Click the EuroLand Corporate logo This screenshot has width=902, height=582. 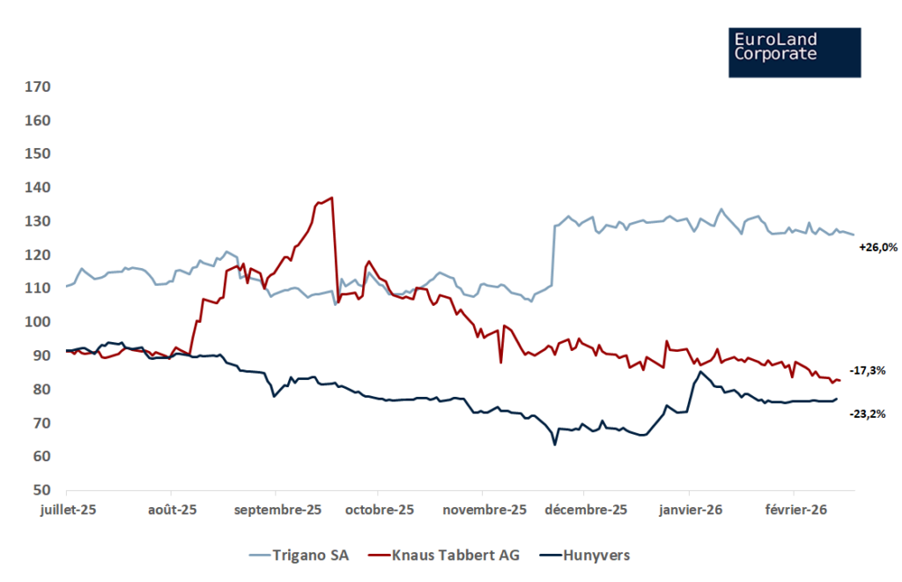click(x=795, y=52)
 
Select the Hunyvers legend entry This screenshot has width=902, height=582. click(x=584, y=555)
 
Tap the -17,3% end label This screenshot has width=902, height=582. click(x=867, y=371)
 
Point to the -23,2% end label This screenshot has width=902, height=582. click(x=867, y=414)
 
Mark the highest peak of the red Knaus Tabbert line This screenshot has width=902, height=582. click(x=331, y=198)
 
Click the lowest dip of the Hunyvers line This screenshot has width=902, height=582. click(x=555, y=444)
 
